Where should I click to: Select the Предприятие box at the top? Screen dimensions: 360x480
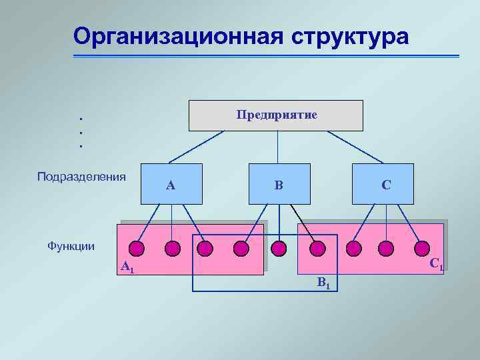coord(276,115)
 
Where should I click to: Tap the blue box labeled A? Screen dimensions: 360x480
coord(171,184)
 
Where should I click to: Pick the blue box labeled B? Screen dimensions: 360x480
coord(279,184)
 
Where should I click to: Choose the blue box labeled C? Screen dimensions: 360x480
coord(385,184)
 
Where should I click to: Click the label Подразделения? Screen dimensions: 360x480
coord(81,177)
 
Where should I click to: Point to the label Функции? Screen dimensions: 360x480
coord(71,246)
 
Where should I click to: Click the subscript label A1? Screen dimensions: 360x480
coord(127,268)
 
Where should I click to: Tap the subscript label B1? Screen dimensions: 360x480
coord(323,283)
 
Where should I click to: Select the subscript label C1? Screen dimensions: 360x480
coord(436,265)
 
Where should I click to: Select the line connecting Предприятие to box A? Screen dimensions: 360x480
coord(197,147)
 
